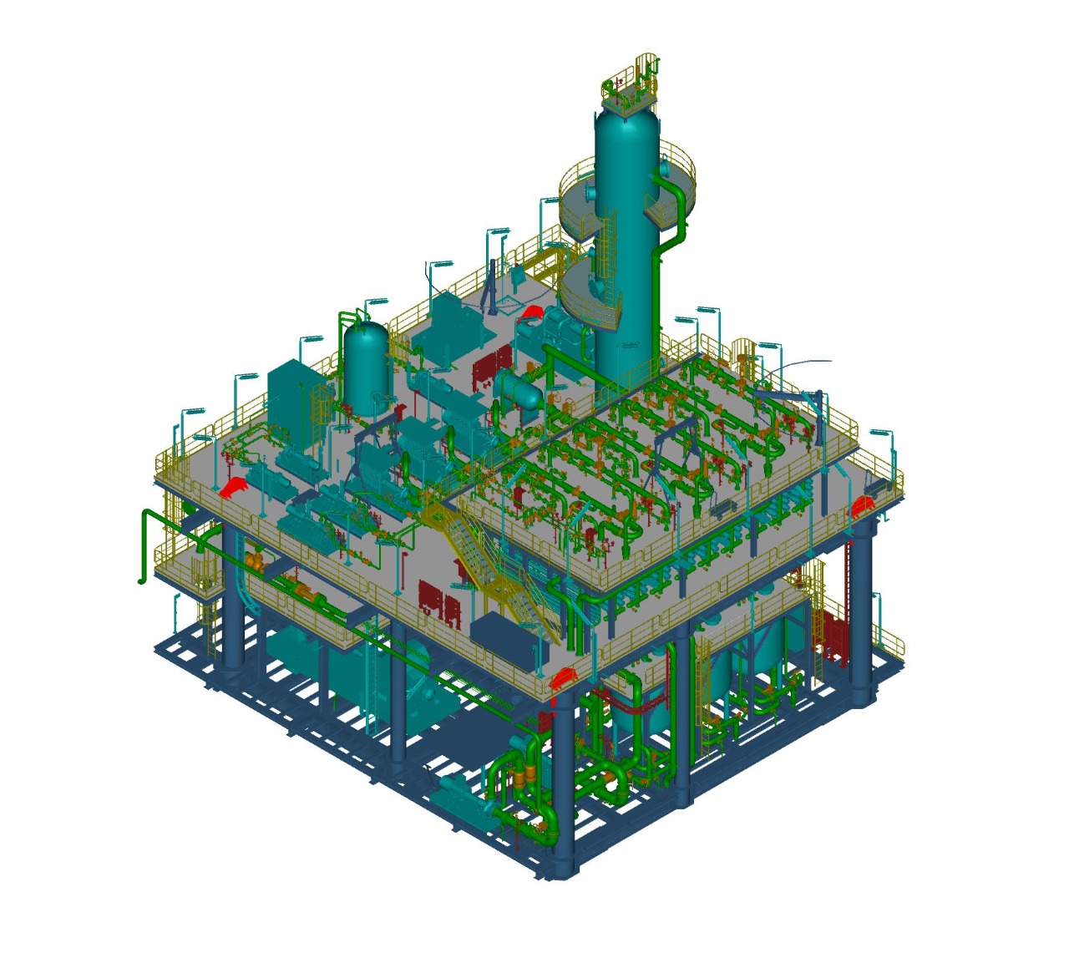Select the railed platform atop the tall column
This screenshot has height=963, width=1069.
tap(631, 88)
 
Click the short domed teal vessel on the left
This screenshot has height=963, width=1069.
tap(366, 363)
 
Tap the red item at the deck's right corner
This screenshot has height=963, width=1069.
tap(860, 505)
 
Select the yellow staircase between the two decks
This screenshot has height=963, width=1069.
tap(493, 568)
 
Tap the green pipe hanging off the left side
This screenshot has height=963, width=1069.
tap(146, 543)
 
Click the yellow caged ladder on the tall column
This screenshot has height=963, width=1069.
tap(608, 251)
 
